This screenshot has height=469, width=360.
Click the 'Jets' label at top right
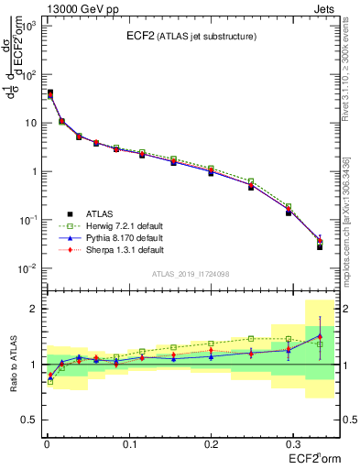pos(324,8)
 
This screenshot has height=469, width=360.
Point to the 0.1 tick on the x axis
pos(128,443)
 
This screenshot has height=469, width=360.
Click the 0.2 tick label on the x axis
pos(211,443)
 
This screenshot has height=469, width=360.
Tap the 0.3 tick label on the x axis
pos(293,443)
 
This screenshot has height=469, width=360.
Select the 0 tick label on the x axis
pos(46,443)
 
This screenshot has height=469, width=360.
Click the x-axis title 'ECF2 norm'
pos(311,457)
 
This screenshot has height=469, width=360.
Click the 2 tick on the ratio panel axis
pos(34,309)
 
